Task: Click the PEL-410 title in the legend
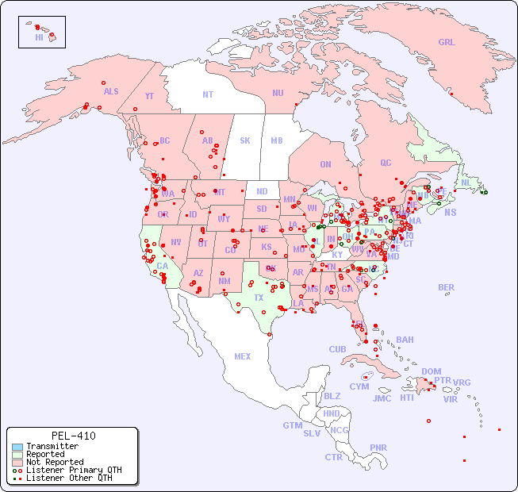click(73, 436)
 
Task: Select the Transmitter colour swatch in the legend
click(17, 446)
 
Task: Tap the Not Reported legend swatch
click(17, 462)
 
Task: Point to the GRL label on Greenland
click(447, 43)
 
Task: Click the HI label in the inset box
click(39, 37)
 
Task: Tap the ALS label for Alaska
click(111, 91)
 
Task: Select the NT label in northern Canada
click(208, 94)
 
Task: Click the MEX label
click(243, 356)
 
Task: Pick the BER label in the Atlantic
click(447, 287)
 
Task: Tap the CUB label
click(338, 349)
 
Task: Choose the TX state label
click(259, 298)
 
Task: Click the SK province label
click(245, 140)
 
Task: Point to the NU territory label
click(278, 93)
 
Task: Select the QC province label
click(386, 163)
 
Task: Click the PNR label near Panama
click(378, 448)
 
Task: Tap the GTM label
click(292, 425)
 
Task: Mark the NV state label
click(175, 242)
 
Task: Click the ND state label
click(262, 191)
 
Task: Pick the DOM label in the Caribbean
click(431, 371)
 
